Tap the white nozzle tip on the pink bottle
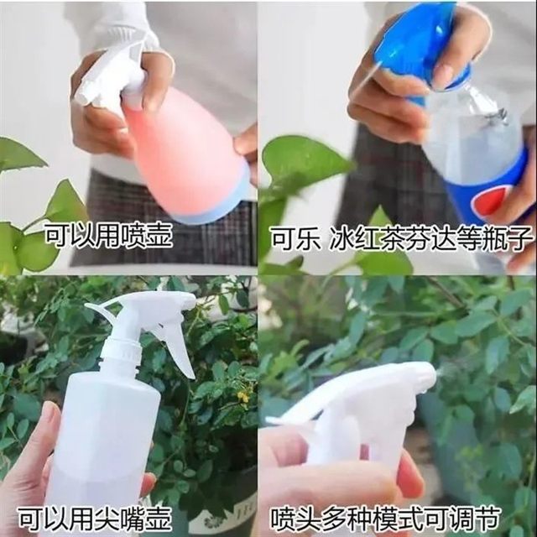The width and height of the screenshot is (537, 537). [x=82, y=98]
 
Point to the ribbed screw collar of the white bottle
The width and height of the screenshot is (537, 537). [x=121, y=352]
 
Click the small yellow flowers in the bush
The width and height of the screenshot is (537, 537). [x=242, y=395]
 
